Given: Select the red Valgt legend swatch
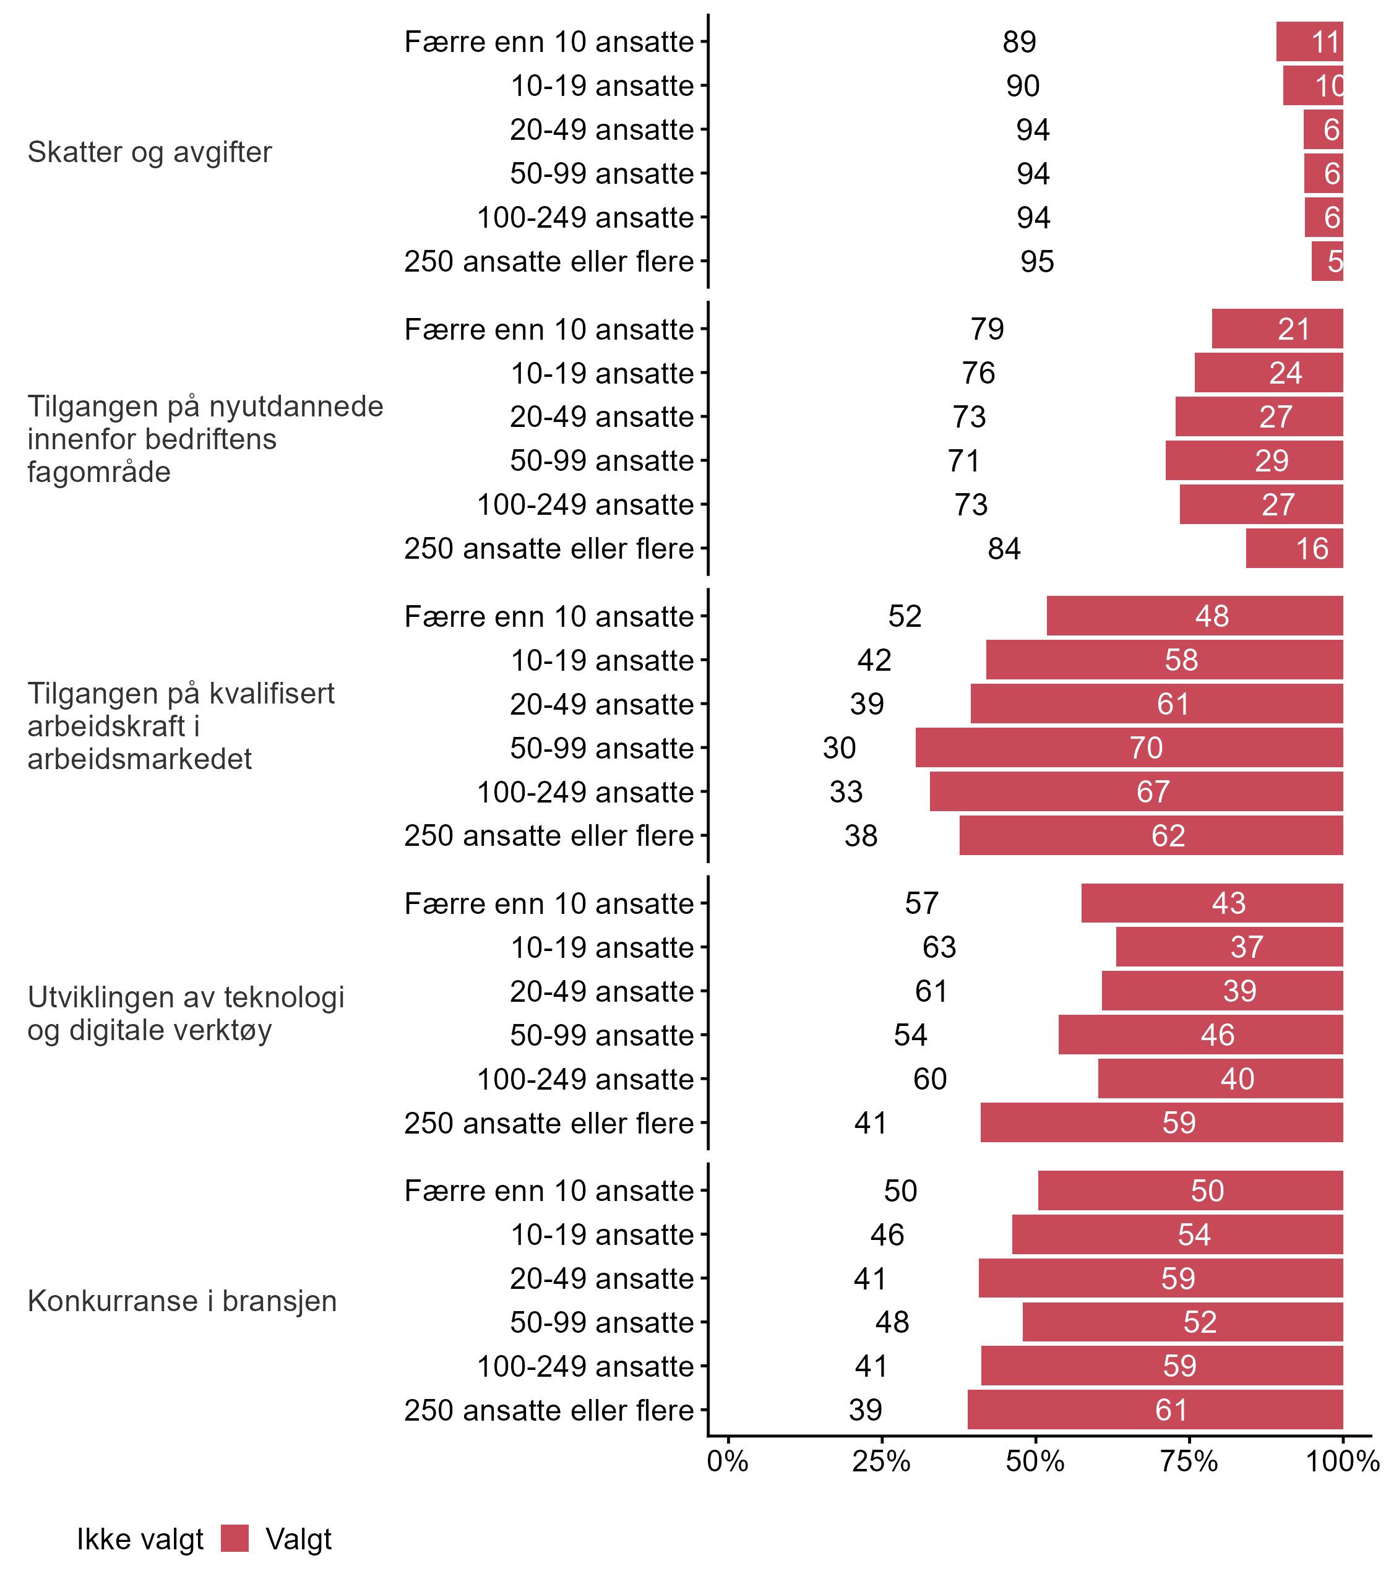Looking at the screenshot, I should [x=235, y=1538].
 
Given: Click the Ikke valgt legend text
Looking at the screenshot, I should [x=140, y=1539].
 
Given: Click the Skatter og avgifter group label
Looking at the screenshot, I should [x=149, y=152].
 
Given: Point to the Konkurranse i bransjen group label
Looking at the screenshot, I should [x=182, y=1301].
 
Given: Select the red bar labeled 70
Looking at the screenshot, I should [x=1129, y=748].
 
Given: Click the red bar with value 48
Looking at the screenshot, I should [x=1194, y=616].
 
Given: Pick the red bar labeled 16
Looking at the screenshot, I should [x=1294, y=548].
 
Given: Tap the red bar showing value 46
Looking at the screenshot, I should [x=1200, y=1035].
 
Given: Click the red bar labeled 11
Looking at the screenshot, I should [x=1309, y=42].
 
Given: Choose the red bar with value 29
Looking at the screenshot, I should [x=1254, y=461].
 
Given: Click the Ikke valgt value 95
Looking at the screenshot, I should [x=1037, y=261].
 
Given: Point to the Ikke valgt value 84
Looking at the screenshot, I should [x=1004, y=548].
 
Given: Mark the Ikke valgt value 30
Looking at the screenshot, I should [x=839, y=748].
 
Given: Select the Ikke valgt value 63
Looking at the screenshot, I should [x=939, y=947].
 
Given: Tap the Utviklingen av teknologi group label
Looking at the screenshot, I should [x=186, y=1014].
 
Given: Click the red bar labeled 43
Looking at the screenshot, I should [x=1212, y=903].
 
